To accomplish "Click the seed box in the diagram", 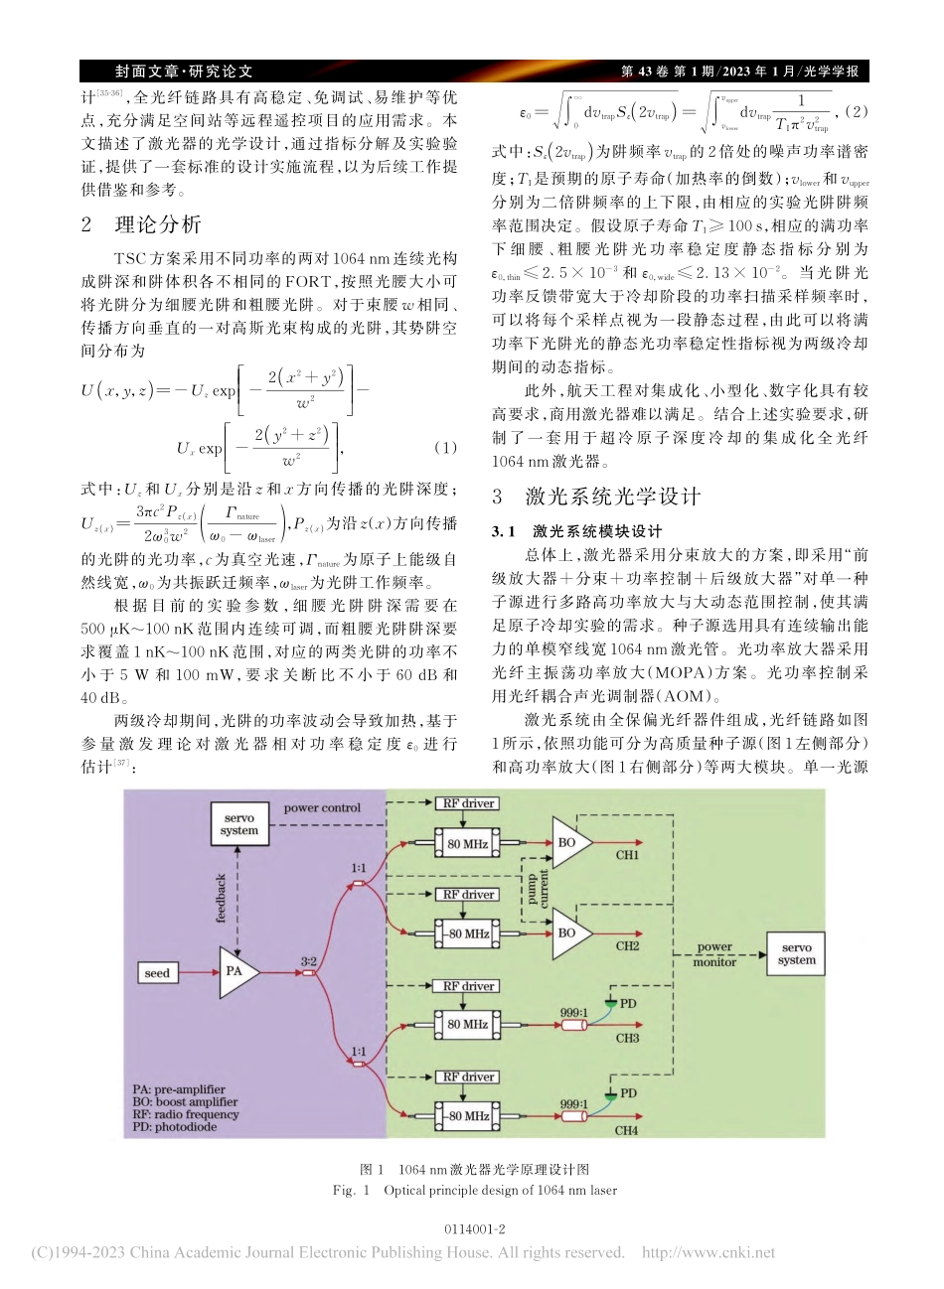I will point(157,973).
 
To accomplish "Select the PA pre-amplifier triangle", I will point(236,970).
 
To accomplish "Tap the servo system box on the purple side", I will point(239,824).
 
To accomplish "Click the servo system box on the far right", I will point(797,953).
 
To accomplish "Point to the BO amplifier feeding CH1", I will point(569,843).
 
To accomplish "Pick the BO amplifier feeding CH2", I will point(569,932).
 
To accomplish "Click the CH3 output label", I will point(627,1039).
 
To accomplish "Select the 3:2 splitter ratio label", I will point(309,960).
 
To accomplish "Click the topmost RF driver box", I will point(468,803).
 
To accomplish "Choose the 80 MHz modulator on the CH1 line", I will point(467,844).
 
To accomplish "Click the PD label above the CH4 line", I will point(628,1093).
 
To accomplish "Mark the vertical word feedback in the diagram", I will point(222,898).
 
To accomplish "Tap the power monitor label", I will point(714,954).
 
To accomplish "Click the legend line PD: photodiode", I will point(175,1127).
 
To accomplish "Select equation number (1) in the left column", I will point(446,447).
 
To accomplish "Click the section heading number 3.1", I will point(503,531).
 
